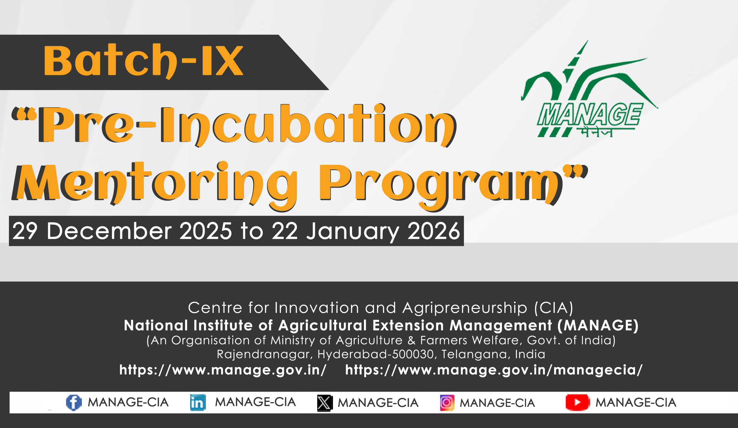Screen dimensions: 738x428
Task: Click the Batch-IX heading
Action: [x=143, y=61]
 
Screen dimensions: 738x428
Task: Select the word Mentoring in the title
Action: [x=154, y=184]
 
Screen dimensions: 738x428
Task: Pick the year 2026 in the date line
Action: [x=434, y=231]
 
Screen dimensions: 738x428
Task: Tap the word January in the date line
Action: [x=353, y=232]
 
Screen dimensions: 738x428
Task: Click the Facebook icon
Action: [x=74, y=402]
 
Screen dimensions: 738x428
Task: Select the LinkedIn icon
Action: [x=198, y=402]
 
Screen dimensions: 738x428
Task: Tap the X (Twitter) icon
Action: [x=325, y=403]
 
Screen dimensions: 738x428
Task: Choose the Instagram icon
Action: [x=447, y=403]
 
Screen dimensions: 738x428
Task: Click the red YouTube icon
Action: [x=577, y=402]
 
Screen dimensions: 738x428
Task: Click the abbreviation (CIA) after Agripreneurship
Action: [x=554, y=308]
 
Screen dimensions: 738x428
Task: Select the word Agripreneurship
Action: [x=465, y=308]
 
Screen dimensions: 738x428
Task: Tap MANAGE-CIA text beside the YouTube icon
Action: [x=636, y=402]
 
